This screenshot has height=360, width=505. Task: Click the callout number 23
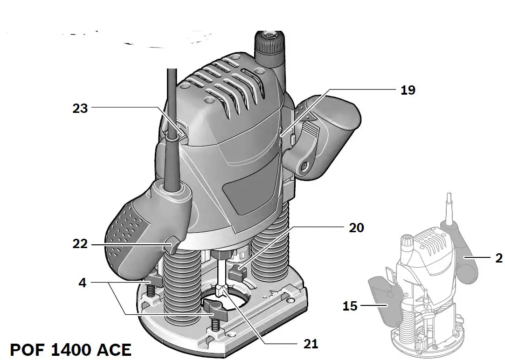[80, 108]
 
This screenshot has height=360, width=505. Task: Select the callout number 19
[408, 90]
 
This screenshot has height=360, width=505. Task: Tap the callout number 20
[356, 228]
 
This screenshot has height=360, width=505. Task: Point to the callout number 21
[311, 344]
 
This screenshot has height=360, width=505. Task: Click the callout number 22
[80, 244]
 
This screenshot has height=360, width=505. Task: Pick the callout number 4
[82, 283]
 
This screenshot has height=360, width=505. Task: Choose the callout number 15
[350, 306]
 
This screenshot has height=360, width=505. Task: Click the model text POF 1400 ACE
[70, 349]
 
